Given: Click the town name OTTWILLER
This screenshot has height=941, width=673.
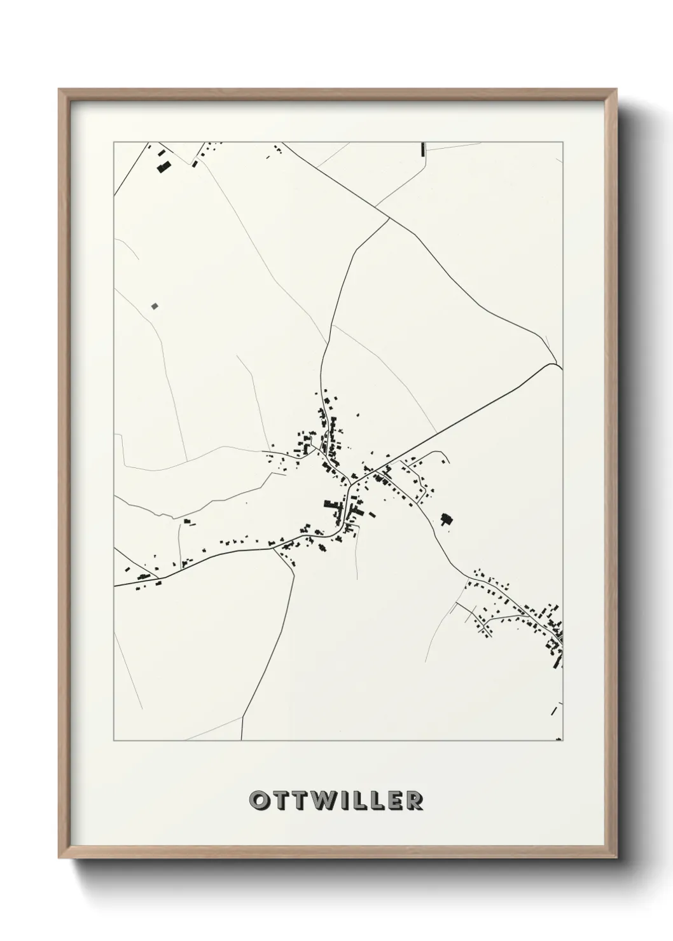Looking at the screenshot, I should (x=336, y=800).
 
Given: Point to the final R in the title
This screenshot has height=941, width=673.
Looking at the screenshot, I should (x=415, y=800).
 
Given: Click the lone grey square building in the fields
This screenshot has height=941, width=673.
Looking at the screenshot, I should (x=155, y=306).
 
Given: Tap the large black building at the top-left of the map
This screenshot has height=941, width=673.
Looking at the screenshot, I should (x=164, y=167).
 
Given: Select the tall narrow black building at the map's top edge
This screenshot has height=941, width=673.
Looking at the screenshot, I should (x=422, y=149).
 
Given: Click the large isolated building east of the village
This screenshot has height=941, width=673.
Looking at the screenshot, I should (x=447, y=519).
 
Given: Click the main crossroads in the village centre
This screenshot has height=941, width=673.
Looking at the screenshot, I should (x=349, y=485).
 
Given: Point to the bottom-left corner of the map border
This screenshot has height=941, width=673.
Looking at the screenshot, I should (x=114, y=741).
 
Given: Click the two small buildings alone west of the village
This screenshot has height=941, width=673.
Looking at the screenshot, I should (x=188, y=521).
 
